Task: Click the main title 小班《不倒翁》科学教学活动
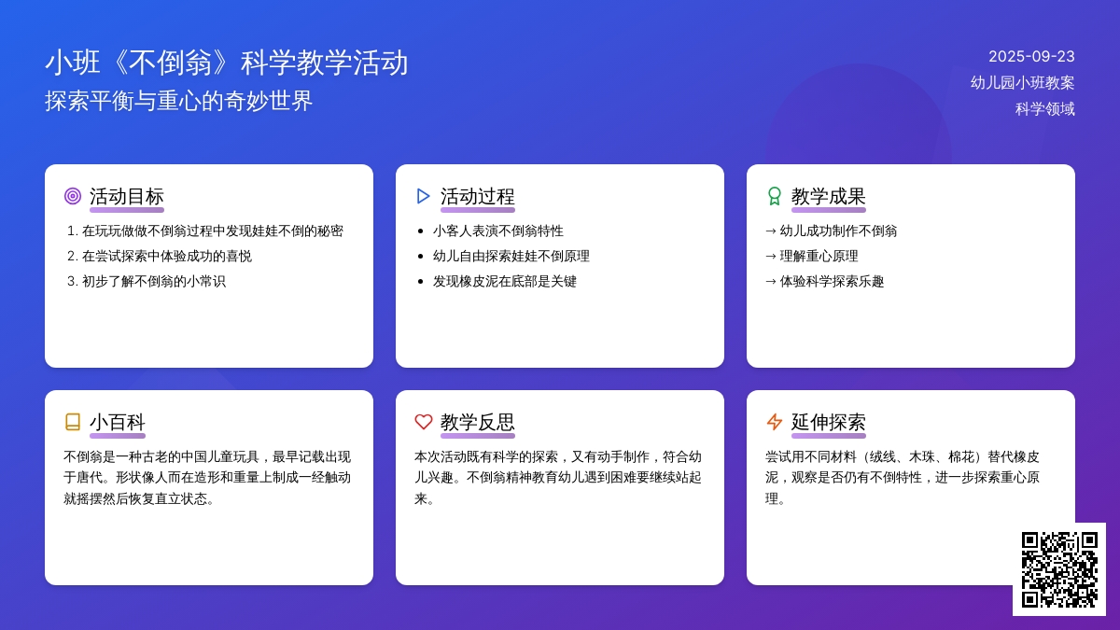[x=227, y=63]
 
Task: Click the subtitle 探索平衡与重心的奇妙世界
[x=179, y=101]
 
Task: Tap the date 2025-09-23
[x=1031, y=56]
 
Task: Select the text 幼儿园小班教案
[x=1022, y=82]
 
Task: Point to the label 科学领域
[x=1044, y=108]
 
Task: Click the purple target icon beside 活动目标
[x=73, y=196]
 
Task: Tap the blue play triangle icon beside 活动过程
[x=424, y=196]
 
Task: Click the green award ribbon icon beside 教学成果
[x=775, y=196]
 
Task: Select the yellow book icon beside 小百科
[x=73, y=422]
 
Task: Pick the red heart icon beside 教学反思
[x=424, y=422]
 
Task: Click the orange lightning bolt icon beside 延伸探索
[x=775, y=422]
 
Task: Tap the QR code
[x=1059, y=569]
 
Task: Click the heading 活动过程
[x=477, y=196]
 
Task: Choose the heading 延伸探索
[x=828, y=422]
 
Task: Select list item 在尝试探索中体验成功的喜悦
[x=166, y=256]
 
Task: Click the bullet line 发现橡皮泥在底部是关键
[x=504, y=281]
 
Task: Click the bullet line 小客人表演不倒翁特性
[x=497, y=231]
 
